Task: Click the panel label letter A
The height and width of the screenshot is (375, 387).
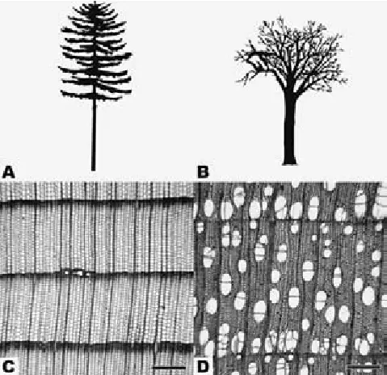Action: click(8, 172)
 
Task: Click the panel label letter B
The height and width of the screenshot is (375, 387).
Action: click(203, 172)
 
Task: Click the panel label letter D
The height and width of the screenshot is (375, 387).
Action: click(204, 366)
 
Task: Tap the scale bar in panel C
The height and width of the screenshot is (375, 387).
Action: click(169, 368)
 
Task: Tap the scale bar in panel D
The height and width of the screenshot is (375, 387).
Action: click(364, 367)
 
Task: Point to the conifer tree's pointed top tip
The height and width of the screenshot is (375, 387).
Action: click(95, 2)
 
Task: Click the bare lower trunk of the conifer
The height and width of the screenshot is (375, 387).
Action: click(94, 135)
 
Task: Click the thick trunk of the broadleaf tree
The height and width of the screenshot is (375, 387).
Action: click(290, 127)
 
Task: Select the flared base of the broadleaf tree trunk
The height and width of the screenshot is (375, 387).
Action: click(289, 162)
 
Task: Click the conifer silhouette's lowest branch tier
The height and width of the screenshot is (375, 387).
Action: click(95, 95)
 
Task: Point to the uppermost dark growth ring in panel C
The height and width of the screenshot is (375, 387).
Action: click(97, 200)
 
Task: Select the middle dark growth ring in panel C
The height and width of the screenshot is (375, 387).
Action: click(97, 273)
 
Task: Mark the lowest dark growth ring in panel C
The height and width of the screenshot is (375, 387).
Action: click(97, 343)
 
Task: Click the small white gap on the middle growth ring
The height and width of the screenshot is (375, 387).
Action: click(76, 272)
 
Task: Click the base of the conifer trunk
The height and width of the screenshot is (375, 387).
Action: click(93, 169)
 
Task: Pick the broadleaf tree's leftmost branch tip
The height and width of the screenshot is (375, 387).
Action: click(237, 57)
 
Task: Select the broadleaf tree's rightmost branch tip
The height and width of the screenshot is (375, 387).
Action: click(346, 80)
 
